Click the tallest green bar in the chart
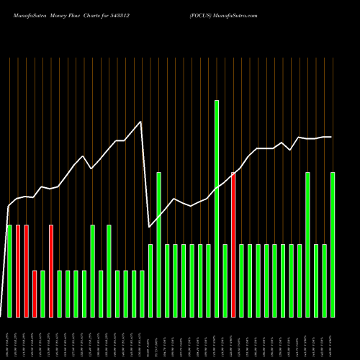point(216,209)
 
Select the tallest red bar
point(233,245)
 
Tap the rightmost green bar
point(332,245)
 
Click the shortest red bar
point(35,294)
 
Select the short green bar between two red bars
point(42,294)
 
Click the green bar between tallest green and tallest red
point(225,281)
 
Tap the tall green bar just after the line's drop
point(158,245)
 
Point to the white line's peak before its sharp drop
point(141,122)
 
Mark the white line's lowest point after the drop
point(149,228)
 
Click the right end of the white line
point(331,137)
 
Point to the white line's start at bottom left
point(1,315)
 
